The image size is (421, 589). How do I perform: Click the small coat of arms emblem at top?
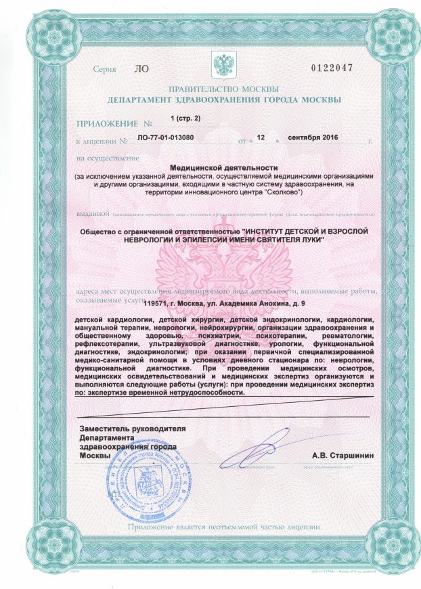click(223, 66)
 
